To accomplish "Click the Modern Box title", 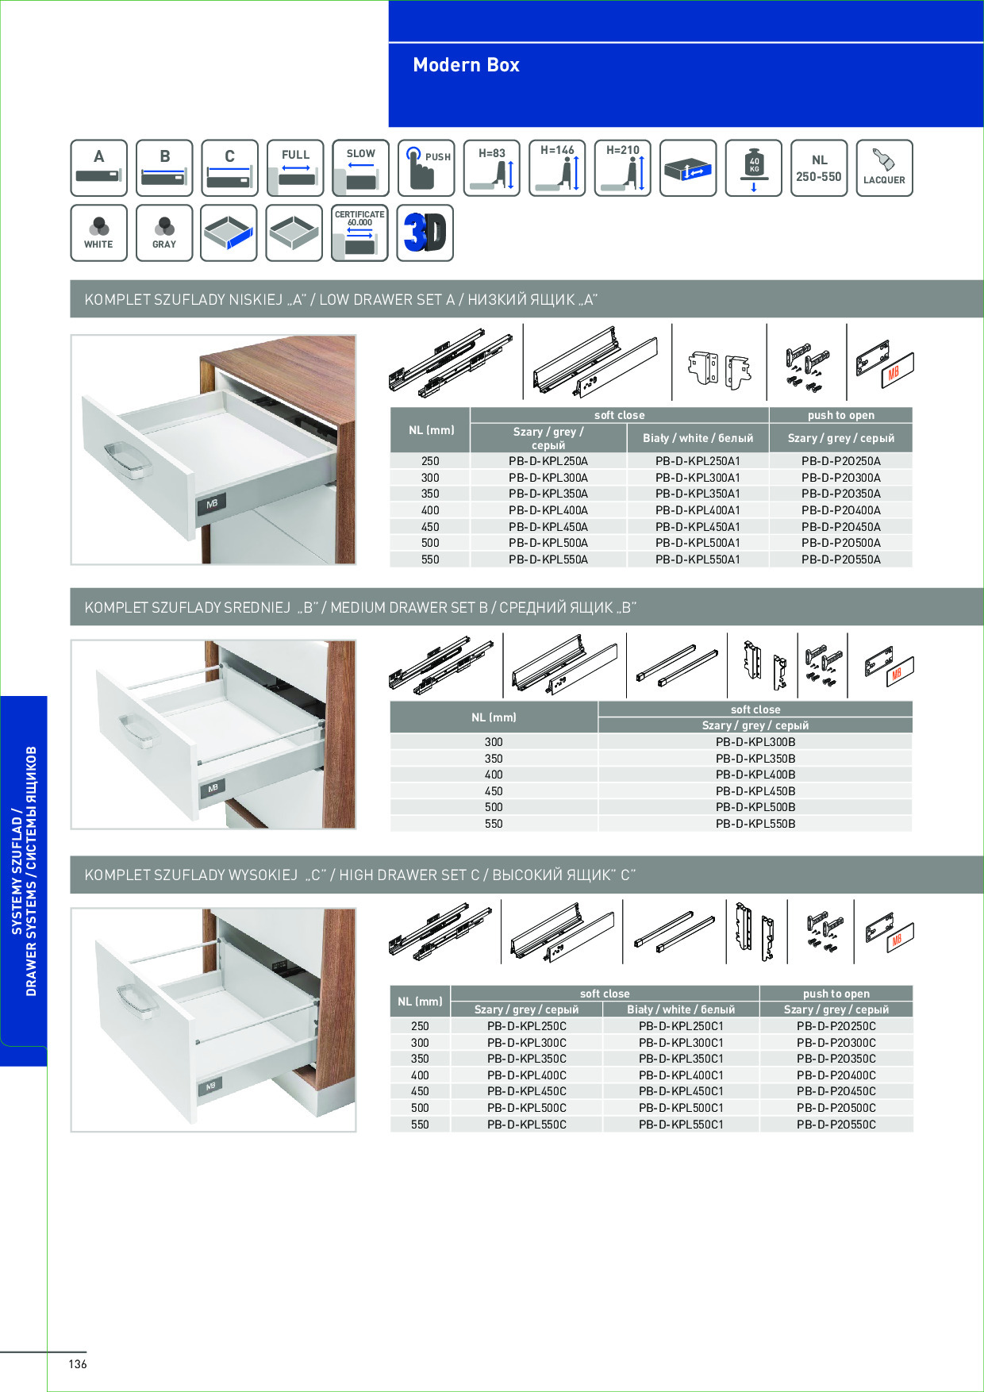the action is [466, 65].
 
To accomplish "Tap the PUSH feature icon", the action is [426, 168].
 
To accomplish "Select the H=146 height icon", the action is [557, 168].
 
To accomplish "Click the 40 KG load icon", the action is [754, 168].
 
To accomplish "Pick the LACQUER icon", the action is [884, 168].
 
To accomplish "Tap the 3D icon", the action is [425, 233].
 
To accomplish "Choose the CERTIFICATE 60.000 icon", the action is [359, 233].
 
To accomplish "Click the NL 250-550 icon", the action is [819, 168].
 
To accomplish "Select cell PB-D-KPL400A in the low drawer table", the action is [548, 510].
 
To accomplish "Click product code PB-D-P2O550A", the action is [841, 559].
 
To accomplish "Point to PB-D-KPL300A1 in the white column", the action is [698, 478].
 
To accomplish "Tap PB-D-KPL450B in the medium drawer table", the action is [755, 791].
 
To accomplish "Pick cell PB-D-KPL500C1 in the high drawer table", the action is [682, 1108].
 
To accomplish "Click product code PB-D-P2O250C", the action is [836, 1026].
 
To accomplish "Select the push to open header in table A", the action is [841, 415].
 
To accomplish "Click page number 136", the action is [78, 1364].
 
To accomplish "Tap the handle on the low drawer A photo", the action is [127, 460].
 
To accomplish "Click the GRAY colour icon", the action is [164, 233].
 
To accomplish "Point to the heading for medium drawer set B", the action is [361, 608].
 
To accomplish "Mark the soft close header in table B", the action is [755, 709].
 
